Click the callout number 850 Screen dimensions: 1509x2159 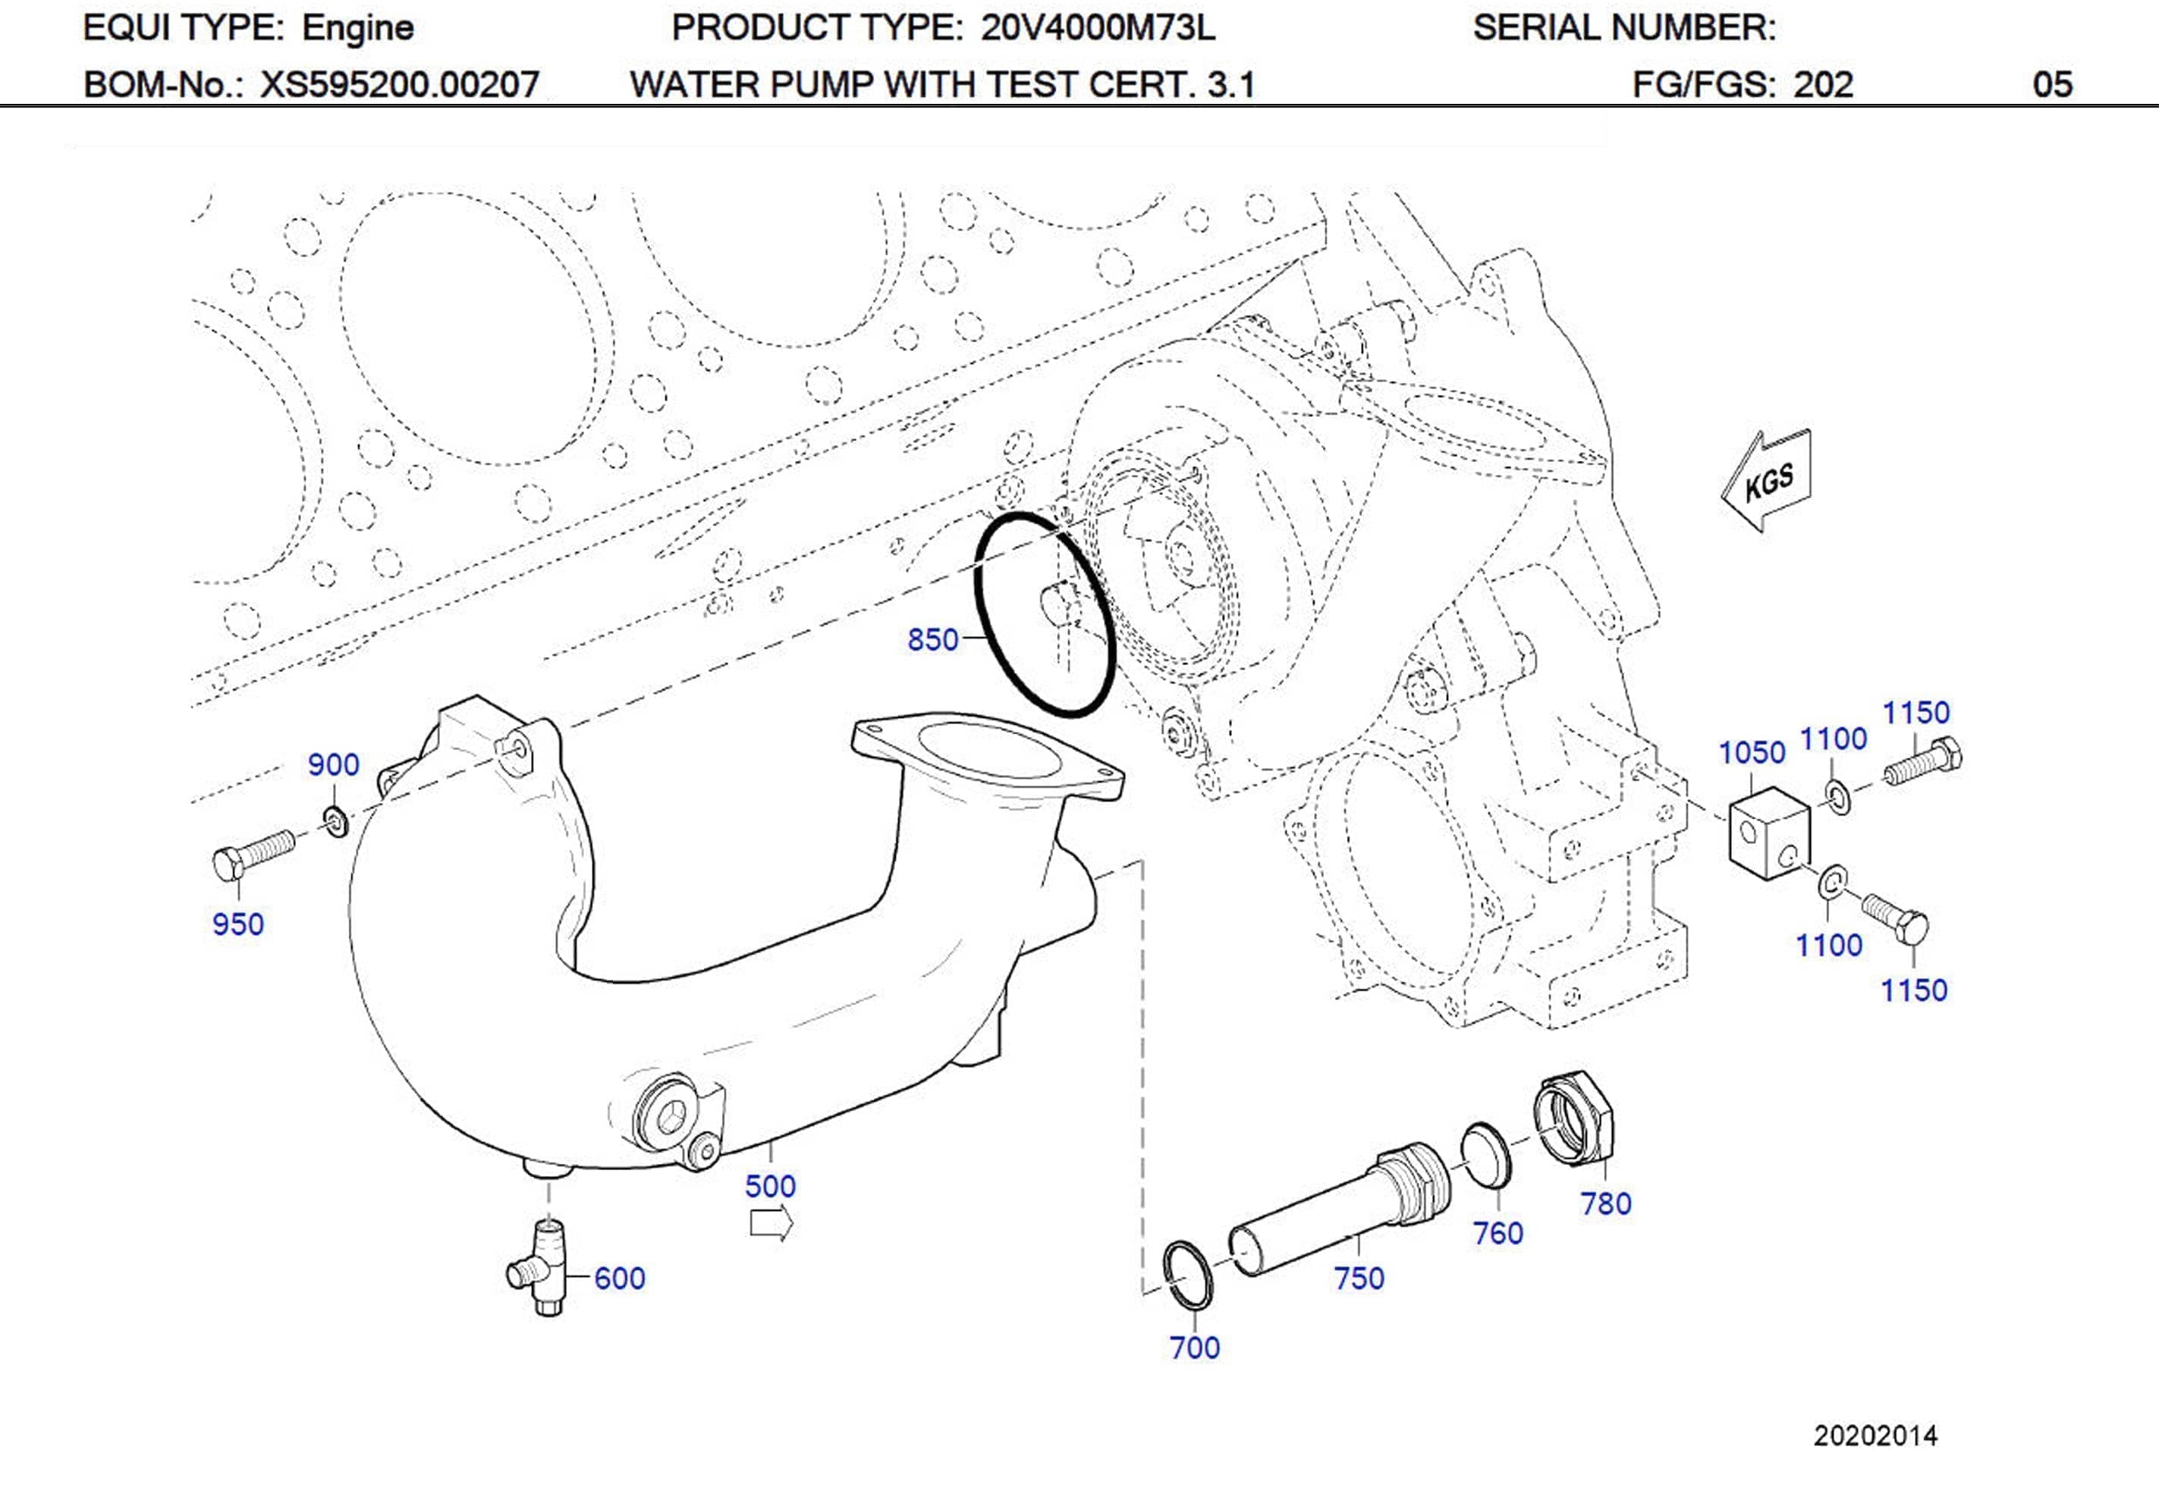932,640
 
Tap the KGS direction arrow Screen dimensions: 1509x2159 1767,482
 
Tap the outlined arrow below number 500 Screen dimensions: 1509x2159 771,1224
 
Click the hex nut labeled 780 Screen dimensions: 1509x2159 1573,1118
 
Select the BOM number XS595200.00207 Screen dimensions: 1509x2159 399,85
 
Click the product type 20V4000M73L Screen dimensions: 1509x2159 1098,27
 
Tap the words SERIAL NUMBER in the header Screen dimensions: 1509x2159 1624,27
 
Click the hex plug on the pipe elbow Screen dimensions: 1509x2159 668,1116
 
